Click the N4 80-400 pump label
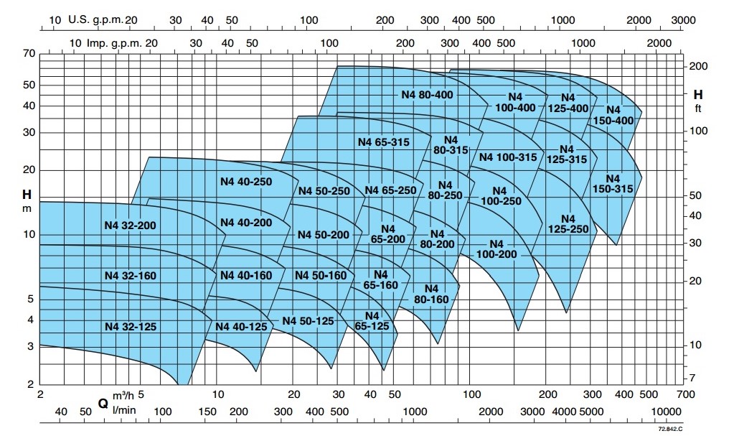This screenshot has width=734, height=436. point(427,94)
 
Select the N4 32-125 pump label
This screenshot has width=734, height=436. point(130,326)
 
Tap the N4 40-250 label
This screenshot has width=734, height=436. point(246,182)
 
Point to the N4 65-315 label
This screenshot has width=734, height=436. point(383,142)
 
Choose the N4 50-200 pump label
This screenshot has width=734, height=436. point(323,235)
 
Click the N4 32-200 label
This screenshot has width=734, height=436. point(130,225)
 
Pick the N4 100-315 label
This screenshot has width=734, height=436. point(508,157)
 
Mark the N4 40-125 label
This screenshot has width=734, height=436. point(241,326)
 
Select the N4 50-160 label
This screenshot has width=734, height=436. point(320,276)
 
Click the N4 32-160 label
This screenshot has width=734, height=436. point(130,276)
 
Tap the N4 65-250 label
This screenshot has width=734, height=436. point(390,190)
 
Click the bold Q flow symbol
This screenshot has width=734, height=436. point(103,404)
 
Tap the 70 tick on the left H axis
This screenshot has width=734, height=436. point(29,54)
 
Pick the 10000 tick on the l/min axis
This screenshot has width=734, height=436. point(667,411)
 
